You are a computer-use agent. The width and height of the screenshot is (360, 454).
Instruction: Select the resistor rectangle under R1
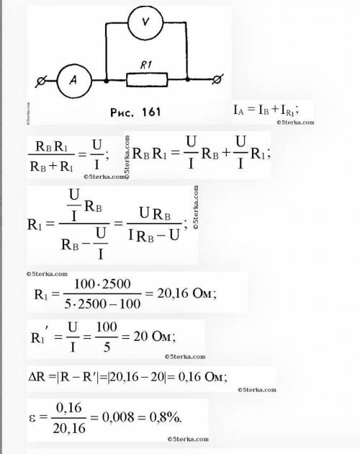click(x=147, y=79)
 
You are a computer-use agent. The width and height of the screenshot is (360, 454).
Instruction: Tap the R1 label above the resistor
click(x=146, y=65)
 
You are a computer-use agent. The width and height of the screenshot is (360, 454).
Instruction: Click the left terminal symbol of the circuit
click(x=41, y=81)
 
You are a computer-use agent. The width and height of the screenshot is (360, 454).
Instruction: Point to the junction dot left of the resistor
click(x=107, y=81)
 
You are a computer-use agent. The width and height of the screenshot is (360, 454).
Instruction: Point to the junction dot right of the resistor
click(x=187, y=79)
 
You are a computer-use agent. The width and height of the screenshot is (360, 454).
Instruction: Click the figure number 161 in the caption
click(x=151, y=112)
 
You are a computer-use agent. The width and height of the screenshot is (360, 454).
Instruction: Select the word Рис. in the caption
click(x=122, y=112)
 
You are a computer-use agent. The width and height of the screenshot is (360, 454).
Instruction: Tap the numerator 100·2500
click(x=102, y=284)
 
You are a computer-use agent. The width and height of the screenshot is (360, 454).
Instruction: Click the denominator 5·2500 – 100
click(x=102, y=304)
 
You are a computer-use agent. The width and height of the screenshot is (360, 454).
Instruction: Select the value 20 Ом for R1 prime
click(x=154, y=337)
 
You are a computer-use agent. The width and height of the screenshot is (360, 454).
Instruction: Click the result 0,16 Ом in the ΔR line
click(x=202, y=377)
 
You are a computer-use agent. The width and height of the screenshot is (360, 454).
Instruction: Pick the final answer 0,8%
click(x=166, y=417)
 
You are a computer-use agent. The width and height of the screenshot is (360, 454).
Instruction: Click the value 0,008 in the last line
click(x=118, y=417)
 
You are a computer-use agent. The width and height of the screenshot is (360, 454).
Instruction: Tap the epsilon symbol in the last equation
click(x=32, y=418)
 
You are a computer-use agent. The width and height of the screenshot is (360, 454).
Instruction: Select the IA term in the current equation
click(x=238, y=110)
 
